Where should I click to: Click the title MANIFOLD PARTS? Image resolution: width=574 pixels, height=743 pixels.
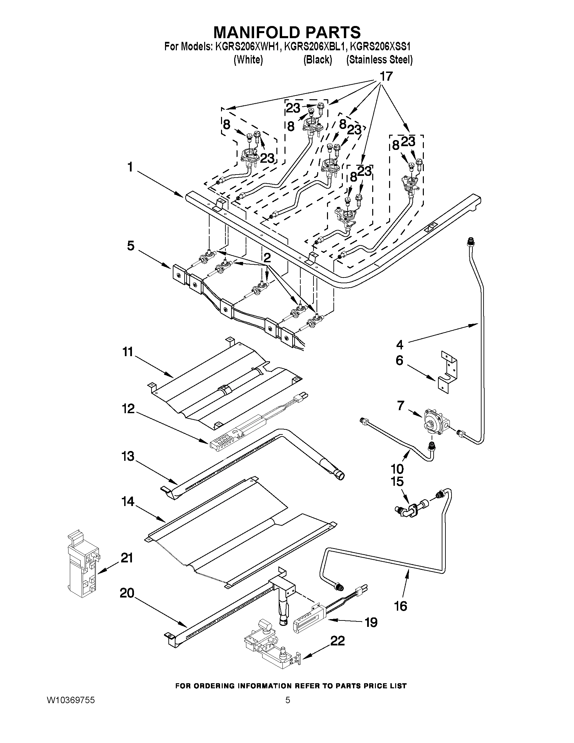[x=286, y=32]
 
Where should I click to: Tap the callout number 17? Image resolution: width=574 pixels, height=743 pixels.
[x=386, y=77]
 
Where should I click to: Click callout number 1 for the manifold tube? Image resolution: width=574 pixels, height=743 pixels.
[x=130, y=167]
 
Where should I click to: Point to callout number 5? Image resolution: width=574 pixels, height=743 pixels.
[x=131, y=246]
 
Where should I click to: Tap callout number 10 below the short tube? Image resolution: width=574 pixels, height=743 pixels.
[x=397, y=469]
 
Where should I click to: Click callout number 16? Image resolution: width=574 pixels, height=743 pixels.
[x=401, y=606]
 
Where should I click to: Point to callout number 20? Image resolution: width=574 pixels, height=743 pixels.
[x=127, y=593]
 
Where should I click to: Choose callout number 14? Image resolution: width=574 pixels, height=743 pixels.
[x=128, y=501]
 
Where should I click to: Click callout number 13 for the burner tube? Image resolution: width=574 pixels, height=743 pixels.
[x=128, y=456]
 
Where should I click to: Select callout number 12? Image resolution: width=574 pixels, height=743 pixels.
[x=128, y=408]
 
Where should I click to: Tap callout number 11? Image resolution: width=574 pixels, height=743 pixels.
[x=128, y=352]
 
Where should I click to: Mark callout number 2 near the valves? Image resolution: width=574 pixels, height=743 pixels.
[x=267, y=258]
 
